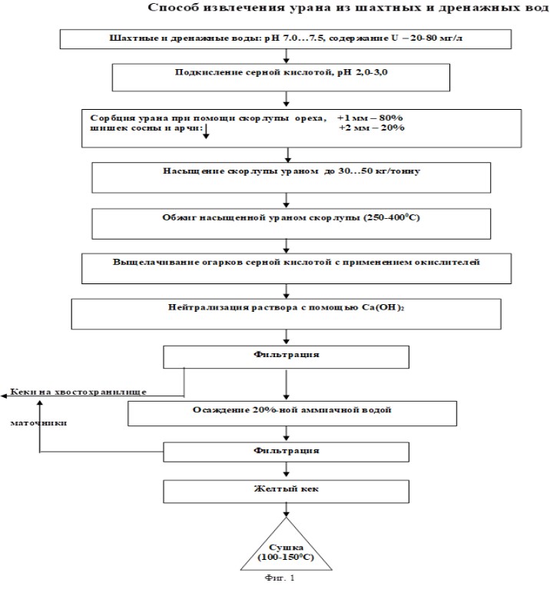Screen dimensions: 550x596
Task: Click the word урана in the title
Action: point(310,8)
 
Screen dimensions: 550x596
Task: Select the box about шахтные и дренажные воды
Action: point(286,39)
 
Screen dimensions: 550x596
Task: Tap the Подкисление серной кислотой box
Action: point(281,78)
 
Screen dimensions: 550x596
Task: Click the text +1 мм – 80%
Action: point(369,118)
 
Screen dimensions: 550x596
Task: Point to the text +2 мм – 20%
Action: point(371,127)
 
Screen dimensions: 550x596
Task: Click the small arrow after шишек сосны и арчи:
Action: point(206,131)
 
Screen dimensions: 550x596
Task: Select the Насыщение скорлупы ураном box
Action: point(291,177)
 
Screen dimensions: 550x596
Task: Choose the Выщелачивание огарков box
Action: point(297,269)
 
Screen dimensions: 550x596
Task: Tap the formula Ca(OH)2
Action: point(383,307)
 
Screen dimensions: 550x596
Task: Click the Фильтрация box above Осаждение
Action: point(287,357)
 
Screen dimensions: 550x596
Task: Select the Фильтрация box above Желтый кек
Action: point(287,452)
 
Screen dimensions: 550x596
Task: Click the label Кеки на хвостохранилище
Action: point(78,392)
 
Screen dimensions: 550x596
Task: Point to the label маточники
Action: point(38,423)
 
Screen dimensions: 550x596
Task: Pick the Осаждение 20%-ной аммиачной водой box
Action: point(293,413)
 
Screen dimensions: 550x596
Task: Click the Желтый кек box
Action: point(287,492)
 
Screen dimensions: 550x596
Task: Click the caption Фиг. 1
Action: point(280,578)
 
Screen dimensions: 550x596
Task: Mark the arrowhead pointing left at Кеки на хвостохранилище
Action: point(4,396)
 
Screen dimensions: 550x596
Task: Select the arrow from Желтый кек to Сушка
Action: point(287,510)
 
